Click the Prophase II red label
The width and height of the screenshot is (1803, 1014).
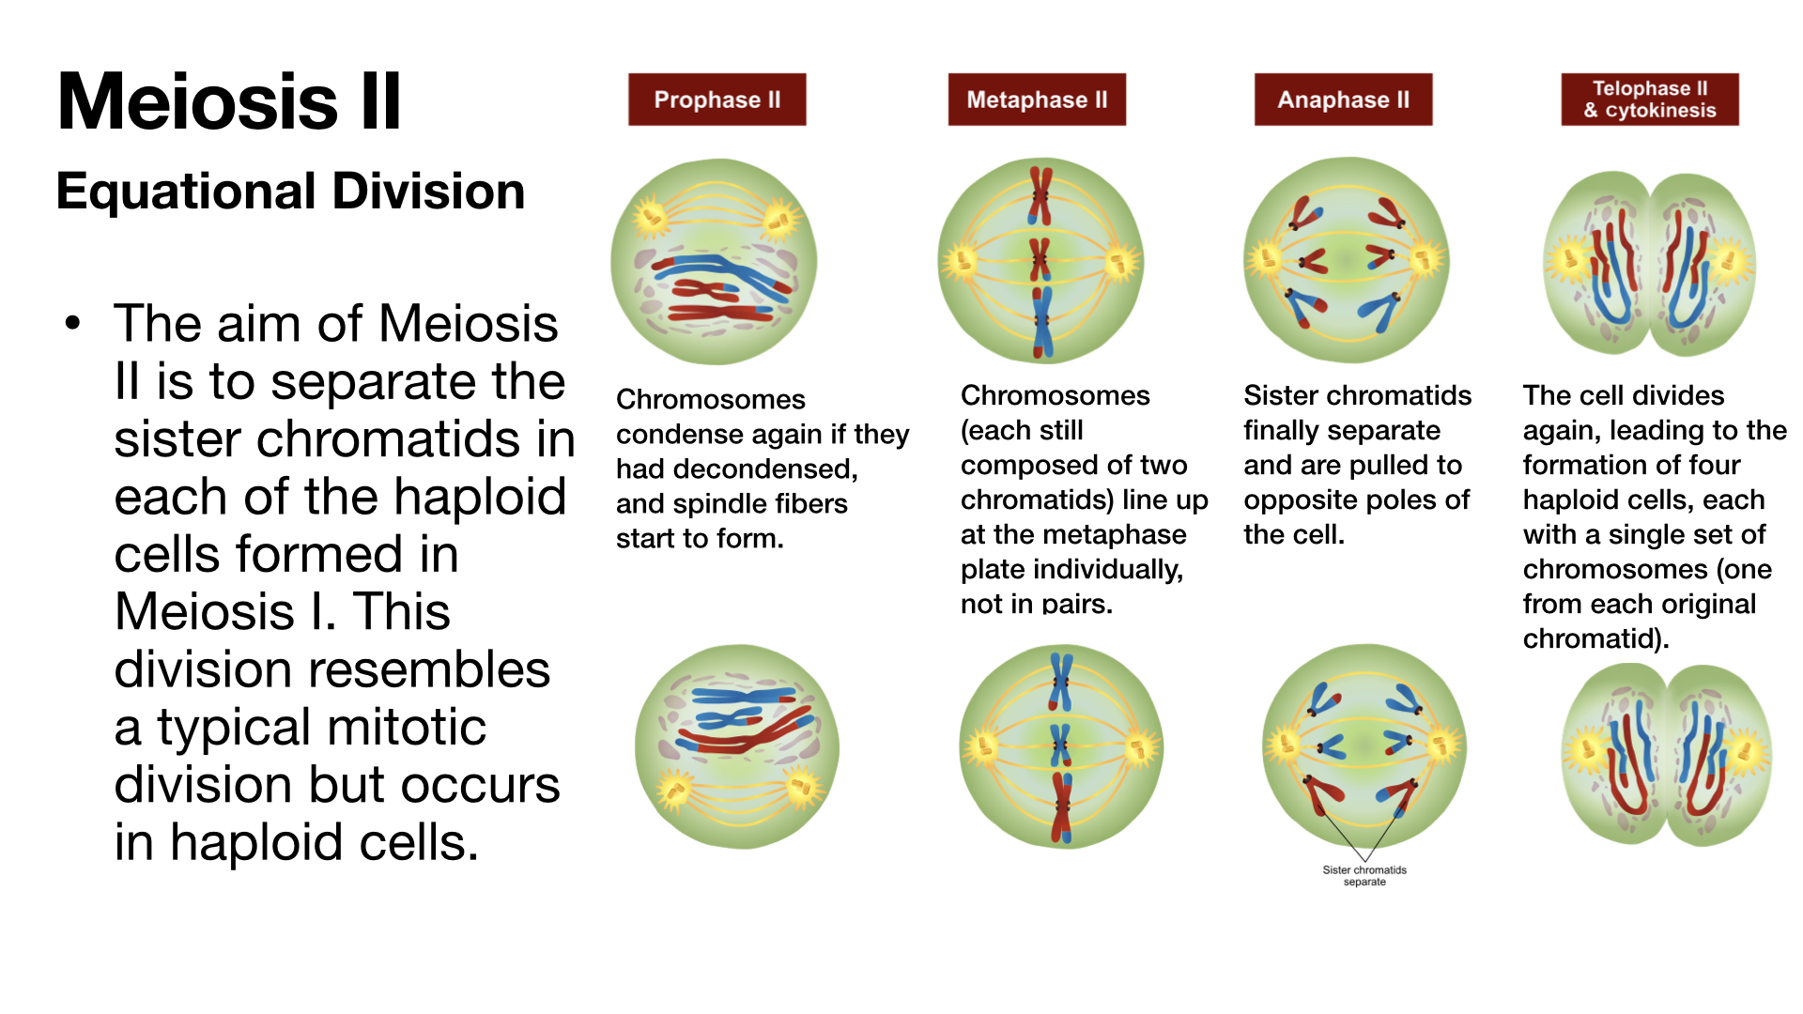pyautogui.click(x=717, y=100)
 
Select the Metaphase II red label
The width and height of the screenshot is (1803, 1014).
pyautogui.click(x=1037, y=100)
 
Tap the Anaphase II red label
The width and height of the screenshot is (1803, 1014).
pyautogui.click(x=1343, y=100)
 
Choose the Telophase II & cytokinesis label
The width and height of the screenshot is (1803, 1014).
pyautogui.click(x=1649, y=100)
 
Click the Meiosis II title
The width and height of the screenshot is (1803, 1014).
pyautogui.click(x=229, y=101)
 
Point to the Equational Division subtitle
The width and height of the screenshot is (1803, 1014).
pyautogui.click(x=290, y=192)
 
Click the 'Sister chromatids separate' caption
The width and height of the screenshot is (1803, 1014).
pyautogui.click(x=1364, y=875)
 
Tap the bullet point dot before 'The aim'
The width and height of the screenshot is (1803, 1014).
pyautogui.click(x=73, y=324)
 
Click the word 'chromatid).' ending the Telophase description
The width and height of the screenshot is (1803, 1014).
pyautogui.click(x=1595, y=639)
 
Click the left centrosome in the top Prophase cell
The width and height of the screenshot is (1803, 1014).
pyautogui.click(x=650, y=218)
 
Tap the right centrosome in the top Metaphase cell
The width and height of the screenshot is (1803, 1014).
pyautogui.click(x=1118, y=262)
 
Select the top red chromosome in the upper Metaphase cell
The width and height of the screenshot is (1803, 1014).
pyautogui.click(x=1040, y=194)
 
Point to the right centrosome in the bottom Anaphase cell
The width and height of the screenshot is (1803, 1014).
pyautogui.click(x=1440, y=746)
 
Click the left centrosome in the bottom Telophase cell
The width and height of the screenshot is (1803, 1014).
pyautogui.click(x=1586, y=752)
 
